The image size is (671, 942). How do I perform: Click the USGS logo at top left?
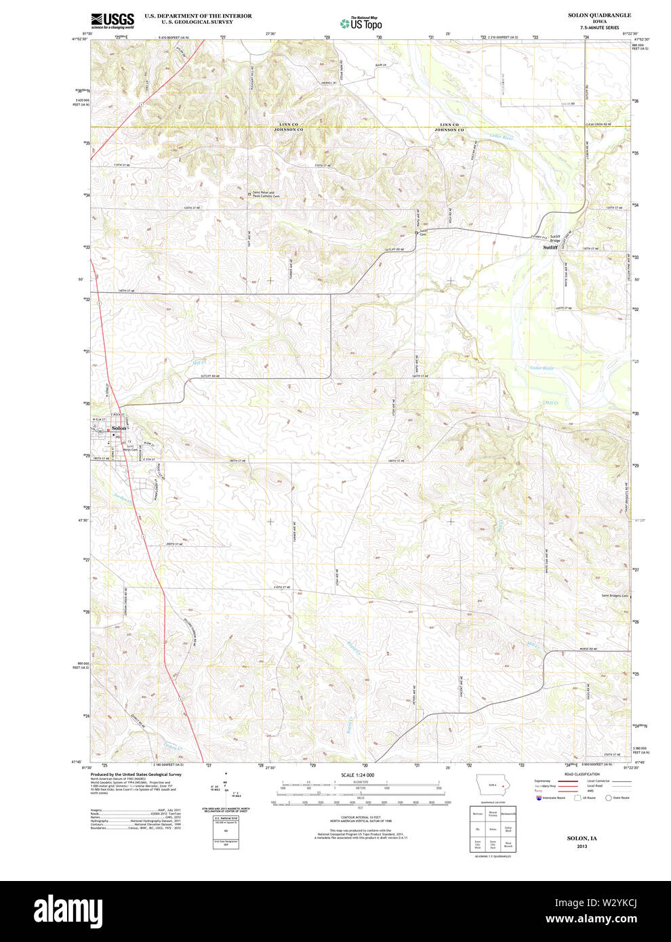[x=113, y=20]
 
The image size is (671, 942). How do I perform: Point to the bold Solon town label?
[x=119, y=428]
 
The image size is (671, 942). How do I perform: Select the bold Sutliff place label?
[x=550, y=247]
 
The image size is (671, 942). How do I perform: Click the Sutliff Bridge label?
[x=555, y=238]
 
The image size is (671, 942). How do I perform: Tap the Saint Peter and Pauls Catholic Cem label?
[x=266, y=194]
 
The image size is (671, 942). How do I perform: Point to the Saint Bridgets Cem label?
[x=615, y=596]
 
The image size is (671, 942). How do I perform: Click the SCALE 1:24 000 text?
[x=357, y=775]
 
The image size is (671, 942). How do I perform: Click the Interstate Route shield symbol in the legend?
[x=539, y=798]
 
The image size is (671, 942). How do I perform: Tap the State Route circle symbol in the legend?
[x=608, y=798]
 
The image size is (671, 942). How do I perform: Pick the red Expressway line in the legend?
[x=568, y=781]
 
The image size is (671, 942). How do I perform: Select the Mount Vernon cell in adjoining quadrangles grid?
[x=493, y=813]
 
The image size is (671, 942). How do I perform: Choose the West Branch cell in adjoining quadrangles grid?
[x=508, y=844]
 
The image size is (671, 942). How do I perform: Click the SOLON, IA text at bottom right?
[x=582, y=838]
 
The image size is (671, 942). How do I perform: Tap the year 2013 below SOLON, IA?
[x=582, y=846]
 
